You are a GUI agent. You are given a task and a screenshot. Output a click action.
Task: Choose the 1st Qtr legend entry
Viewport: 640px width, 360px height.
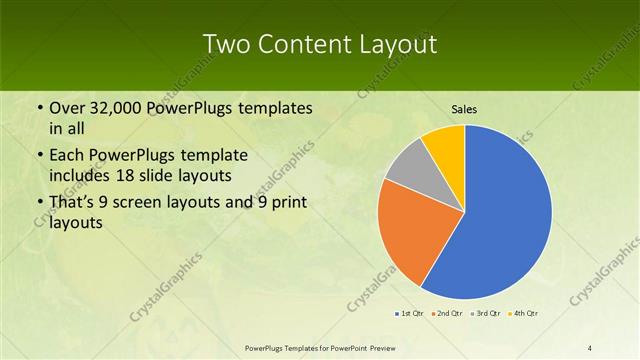click(x=410, y=313)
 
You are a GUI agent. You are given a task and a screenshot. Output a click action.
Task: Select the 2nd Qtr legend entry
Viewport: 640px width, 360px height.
click(x=447, y=313)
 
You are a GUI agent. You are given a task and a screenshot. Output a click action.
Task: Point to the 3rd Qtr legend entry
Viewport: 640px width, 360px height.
click(x=485, y=313)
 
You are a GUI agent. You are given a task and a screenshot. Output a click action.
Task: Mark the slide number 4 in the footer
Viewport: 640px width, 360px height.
click(x=590, y=347)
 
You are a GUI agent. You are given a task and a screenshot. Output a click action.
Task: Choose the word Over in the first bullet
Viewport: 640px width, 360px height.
click(x=68, y=108)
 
